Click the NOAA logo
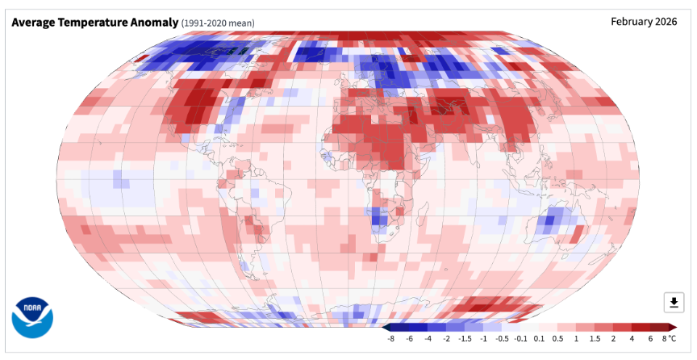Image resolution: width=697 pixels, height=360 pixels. click(32, 319)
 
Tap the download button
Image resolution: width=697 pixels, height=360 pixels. click(674, 303)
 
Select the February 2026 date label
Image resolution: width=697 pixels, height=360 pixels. click(644, 21)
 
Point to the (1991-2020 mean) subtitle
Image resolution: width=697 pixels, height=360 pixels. click(218, 23)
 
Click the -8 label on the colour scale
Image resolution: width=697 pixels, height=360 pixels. click(390, 339)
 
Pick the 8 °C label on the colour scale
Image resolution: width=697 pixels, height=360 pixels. click(669, 339)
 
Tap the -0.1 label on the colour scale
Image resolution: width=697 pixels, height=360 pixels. click(520, 339)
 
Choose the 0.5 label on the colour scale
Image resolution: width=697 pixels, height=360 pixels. click(557, 339)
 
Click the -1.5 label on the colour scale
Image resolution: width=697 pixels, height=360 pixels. click(465, 339)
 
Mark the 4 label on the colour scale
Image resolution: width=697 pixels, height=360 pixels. click(632, 339)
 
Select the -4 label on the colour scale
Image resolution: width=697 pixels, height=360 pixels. click(428, 339)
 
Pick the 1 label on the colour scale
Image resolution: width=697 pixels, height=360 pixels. click(576, 339)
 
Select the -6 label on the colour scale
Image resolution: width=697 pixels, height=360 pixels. click(409, 339)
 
